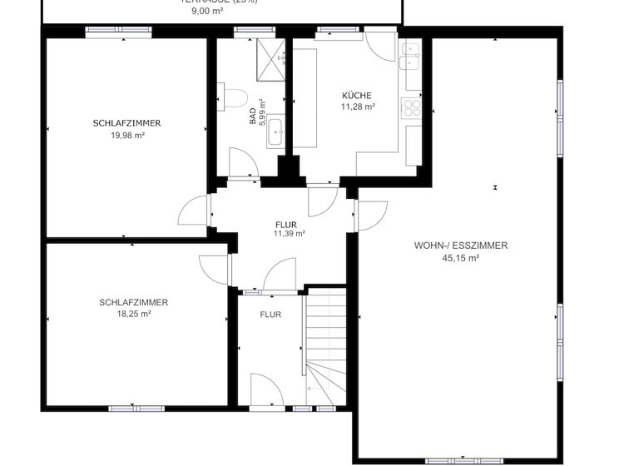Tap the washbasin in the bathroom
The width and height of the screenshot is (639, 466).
pos(275,131)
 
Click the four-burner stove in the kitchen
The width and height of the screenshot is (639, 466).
pos(412,107)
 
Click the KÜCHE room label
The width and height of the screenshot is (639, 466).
pos(357,96)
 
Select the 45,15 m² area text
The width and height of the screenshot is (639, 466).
pos(460,258)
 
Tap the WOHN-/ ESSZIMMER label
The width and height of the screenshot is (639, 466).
pos(460,245)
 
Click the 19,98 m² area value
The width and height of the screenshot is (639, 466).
pos(127,135)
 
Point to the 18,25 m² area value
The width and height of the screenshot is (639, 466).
pos(133,314)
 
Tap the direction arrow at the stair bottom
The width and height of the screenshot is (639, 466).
pos(312,388)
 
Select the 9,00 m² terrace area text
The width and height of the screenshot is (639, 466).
pos(209,12)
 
